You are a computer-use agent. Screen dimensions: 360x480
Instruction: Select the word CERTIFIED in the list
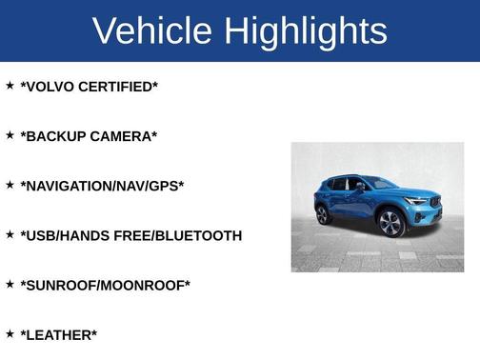pyautogui.click(x=120, y=87)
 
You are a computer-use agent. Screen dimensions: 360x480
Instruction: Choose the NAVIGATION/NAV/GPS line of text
pyautogui.click(x=102, y=186)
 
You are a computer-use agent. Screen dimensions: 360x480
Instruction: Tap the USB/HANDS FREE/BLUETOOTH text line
pyautogui.click(x=130, y=235)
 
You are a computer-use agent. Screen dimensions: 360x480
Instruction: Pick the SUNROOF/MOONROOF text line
pyautogui.click(x=105, y=285)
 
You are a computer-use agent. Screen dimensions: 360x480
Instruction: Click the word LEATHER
pyautogui.click(x=59, y=334)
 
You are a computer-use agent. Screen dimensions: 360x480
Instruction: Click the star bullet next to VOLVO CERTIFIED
pyautogui.click(x=10, y=86)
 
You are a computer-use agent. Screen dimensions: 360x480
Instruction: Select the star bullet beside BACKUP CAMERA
pyautogui.click(x=10, y=135)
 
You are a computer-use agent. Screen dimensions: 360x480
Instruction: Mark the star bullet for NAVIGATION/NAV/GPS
pyautogui.click(x=10, y=185)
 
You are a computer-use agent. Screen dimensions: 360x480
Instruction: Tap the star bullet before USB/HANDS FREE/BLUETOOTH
pyautogui.click(x=10, y=234)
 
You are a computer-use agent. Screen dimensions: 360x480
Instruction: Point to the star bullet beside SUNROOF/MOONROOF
pyautogui.click(x=10, y=284)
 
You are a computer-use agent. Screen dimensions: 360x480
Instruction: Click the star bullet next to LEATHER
pyautogui.click(x=10, y=333)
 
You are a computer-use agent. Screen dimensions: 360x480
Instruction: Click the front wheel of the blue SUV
pyautogui.click(x=390, y=224)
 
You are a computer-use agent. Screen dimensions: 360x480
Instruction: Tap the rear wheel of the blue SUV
pyautogui.click(x=324, y=214)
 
